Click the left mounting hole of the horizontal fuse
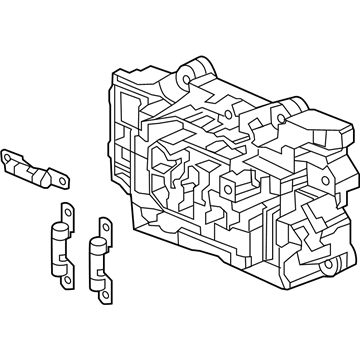[12, 156]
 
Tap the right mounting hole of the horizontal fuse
[63, 182]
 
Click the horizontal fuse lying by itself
[36, 169]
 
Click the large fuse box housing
[230, 170]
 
